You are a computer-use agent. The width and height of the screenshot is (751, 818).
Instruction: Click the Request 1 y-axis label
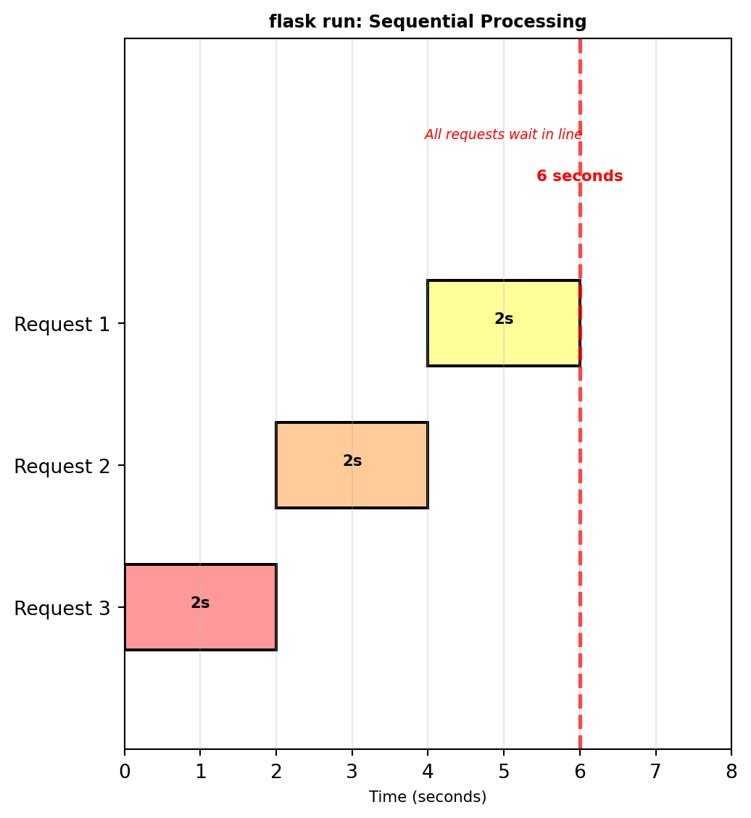coord(62,325)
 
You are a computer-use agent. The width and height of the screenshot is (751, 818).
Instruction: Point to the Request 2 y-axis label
coord(62,467)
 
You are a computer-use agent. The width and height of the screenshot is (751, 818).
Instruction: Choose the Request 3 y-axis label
coord(62,609)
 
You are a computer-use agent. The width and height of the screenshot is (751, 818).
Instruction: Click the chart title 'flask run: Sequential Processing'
coord(428,22)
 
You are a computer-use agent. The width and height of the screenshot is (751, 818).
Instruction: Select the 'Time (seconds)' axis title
coord(428,797)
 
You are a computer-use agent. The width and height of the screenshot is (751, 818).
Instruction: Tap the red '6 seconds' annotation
coord(579,176)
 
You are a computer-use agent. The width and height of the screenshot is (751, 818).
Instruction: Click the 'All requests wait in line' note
coord(503,135)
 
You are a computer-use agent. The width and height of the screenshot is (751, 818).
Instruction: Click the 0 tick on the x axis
coord(125,771)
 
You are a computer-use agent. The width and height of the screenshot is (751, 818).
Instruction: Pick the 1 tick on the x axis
coord(201,771)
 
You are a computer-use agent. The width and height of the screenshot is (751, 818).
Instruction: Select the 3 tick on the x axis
coord(352,771)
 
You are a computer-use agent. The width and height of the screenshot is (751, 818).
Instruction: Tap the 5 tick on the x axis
coord(504,771)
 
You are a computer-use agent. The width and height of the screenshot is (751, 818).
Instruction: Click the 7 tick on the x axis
coord(655,771)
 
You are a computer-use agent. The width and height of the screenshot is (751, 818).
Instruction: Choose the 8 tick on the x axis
coord(731,771)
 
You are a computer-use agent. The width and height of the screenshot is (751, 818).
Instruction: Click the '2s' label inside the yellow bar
coord(504,319)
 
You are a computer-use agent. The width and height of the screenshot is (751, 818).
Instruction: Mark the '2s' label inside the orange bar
coord(352,461)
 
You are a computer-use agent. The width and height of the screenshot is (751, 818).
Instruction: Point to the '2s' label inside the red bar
coord(200,603)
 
